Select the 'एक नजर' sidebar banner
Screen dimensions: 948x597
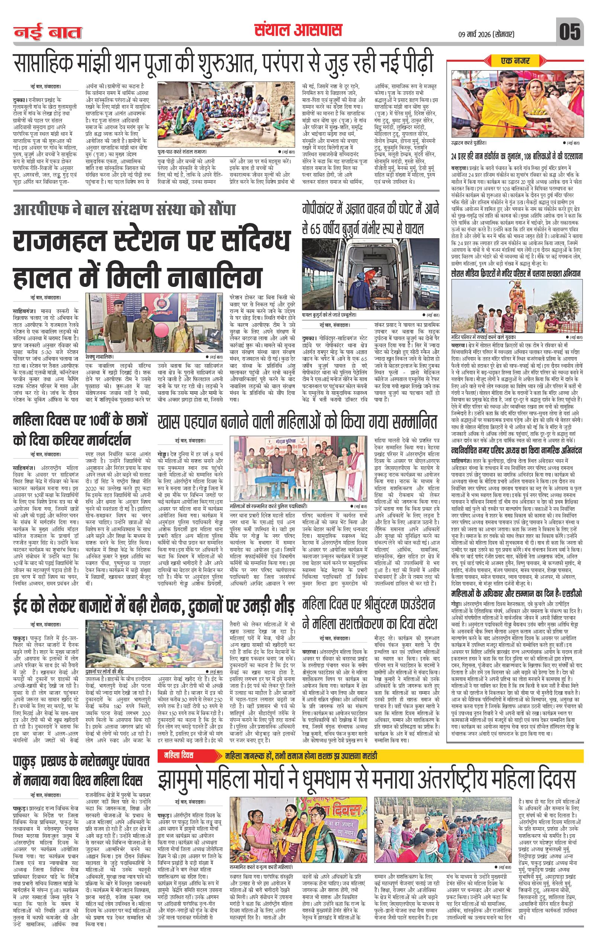tap(515, 61)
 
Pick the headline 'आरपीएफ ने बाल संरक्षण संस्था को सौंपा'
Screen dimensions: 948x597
tap(124, 210)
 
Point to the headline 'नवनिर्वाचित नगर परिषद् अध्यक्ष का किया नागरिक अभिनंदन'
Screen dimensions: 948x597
tap(516, 450)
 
